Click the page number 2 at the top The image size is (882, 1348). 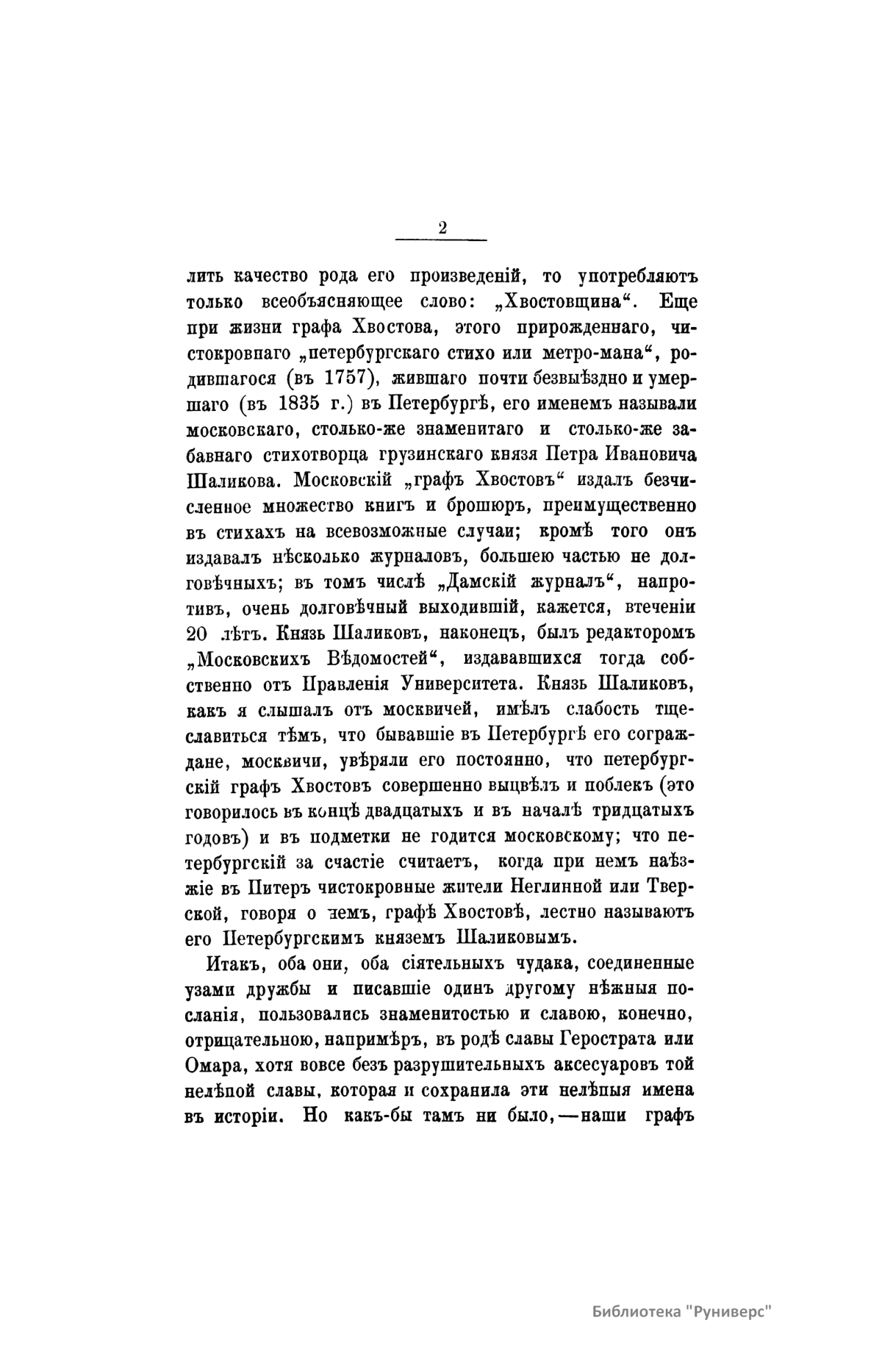pos(442,227)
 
